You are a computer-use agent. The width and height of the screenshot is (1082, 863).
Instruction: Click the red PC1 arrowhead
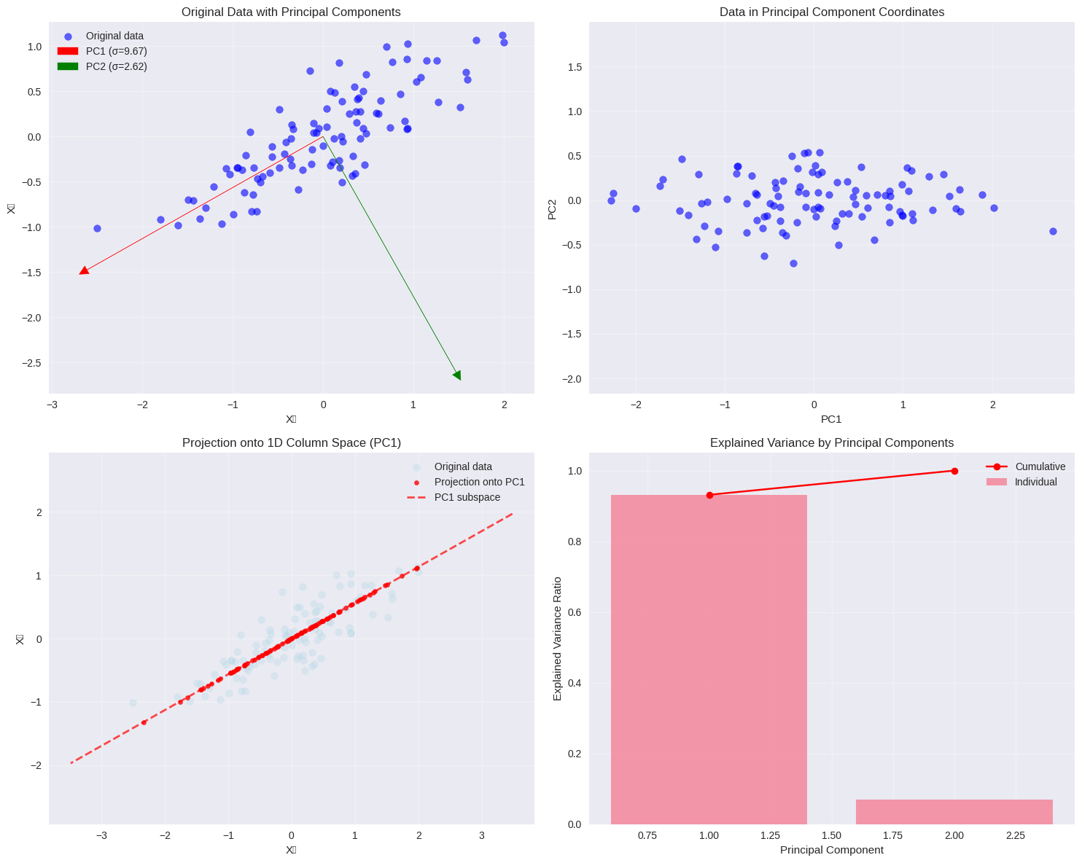[84, 270]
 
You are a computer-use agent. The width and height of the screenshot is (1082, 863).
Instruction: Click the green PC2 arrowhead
[457, 375]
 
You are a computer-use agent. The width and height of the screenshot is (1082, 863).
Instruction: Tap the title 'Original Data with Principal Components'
[291, 12]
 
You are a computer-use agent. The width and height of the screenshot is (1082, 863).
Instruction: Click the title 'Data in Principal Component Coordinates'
[831, 12]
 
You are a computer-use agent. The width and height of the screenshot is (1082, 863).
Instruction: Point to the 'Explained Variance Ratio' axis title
[558, 639]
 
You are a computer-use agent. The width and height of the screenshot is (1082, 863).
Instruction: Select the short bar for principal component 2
[954, 812]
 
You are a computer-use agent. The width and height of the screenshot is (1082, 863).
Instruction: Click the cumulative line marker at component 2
[954, 471]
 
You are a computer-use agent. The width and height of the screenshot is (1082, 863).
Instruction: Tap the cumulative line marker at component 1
[709, 495]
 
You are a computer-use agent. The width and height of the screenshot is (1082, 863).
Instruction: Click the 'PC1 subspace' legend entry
[467, 497]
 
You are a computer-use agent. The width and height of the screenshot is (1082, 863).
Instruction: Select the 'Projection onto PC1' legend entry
[479, 482]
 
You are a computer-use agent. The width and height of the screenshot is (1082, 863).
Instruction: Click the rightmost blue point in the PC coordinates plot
[1053, 231]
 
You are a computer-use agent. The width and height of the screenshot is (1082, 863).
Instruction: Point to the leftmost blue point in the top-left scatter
[97, 228]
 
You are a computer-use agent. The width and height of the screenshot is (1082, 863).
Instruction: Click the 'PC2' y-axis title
[552, 208]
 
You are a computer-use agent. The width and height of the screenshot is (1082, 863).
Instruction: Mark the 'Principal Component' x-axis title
[831, 850]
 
